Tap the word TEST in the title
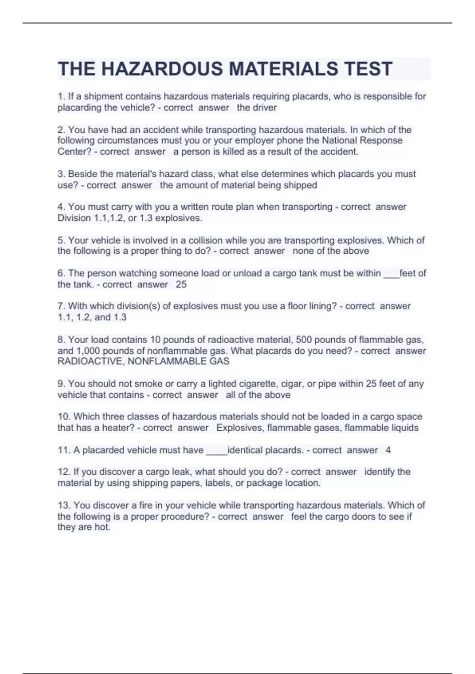pos(369,69)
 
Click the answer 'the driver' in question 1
pos(256,107)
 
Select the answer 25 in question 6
pos(181,284)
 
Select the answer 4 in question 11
pos(388,450)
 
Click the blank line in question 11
pos(217,452)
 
